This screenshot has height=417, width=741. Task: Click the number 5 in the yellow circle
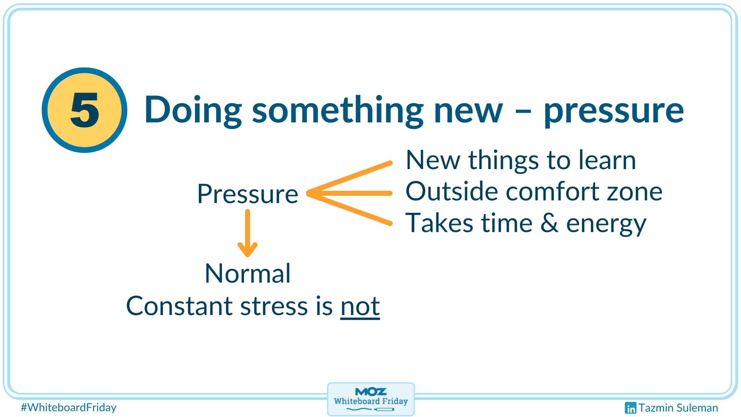coord(85,110)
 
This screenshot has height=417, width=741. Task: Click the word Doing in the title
coord(193,110)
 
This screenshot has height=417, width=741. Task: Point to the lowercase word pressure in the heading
coord(614,112)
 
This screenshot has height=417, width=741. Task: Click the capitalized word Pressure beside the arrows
coord(247,194)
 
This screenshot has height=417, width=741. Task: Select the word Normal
coord(247,273)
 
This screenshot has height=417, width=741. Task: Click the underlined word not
coord(360,306)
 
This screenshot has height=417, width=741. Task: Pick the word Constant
coord(179,306)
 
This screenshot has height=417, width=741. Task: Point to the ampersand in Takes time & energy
coord(549,223)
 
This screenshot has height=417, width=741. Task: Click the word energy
coord(606,224)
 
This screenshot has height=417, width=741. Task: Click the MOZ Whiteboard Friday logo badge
coord(371,399)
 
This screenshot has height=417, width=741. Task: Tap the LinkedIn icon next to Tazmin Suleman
coord(630,408)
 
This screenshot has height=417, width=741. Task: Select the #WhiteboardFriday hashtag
coord(69,407)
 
